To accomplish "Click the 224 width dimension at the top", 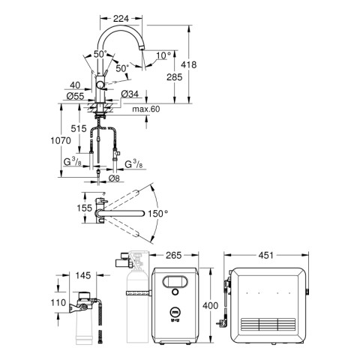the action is (121, 19).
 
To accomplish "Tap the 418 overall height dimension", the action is (189, 64).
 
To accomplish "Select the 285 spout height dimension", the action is (175, 77).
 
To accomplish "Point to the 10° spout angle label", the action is (163, 55).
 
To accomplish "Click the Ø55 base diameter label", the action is (75, 96).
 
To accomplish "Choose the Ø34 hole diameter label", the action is (130, 94).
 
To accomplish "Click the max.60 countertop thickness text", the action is (146, 109).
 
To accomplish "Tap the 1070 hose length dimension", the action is (61, 141).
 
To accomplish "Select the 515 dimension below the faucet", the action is (79, 129).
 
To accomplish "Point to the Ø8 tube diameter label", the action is (114, 178).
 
